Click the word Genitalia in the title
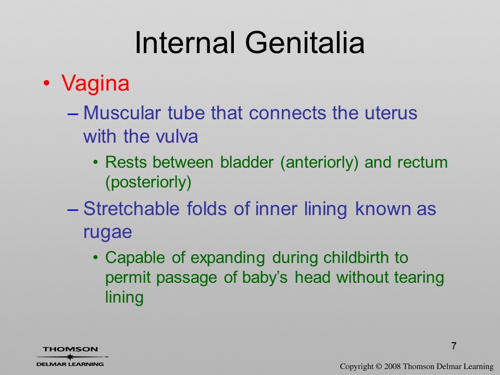coord(305,43)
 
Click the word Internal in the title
coord(185,42)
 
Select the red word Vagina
coord(95,84)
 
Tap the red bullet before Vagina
coord(46,83)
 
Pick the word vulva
coord(177,136)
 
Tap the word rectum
coord(422,162)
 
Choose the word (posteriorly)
coord(148,183)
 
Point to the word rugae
coord(108,233)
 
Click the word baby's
coord(265,278)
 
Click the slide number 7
coord(454,346)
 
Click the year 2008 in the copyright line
coord(393,366)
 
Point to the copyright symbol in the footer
coord(379,367)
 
